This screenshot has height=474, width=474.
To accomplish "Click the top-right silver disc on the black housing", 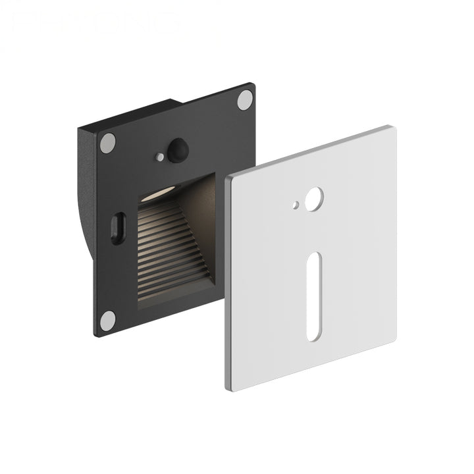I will click(x=245, y=100).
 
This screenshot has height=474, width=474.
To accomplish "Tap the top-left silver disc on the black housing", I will click(x=108, y=143).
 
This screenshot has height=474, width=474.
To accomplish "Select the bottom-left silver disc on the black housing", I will click(x=107, y=320).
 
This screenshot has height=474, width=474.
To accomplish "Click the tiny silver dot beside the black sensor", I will click(x=160, y=157).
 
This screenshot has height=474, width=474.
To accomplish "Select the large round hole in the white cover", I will click(x=314, y=197).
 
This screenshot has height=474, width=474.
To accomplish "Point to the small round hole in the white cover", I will click(x=297, y=205).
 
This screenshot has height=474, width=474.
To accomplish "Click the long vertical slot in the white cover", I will click(x=313, y=296).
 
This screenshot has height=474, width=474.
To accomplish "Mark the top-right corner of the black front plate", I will click(x=251, y=86).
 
